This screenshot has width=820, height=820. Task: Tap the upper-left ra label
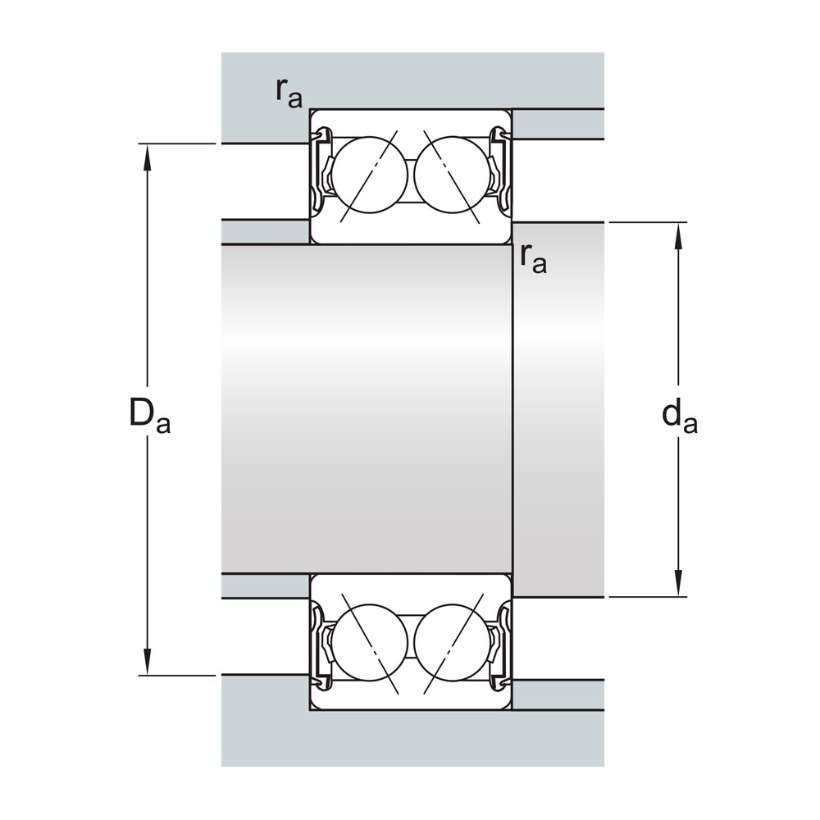click(289, 93)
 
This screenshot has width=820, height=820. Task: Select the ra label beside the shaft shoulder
click(534, 258)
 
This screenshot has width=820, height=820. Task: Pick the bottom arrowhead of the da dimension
click(679, 583)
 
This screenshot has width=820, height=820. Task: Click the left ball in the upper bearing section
click(370, 175)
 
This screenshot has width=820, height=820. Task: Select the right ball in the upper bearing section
click(452, 175)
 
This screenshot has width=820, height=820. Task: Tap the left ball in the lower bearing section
click(370, 643)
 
